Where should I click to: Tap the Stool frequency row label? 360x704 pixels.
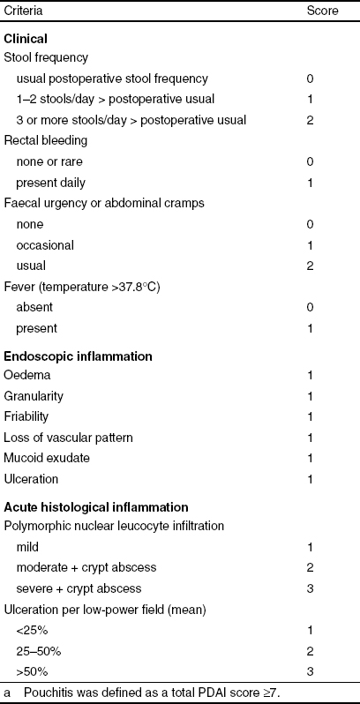tap(46, 58)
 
